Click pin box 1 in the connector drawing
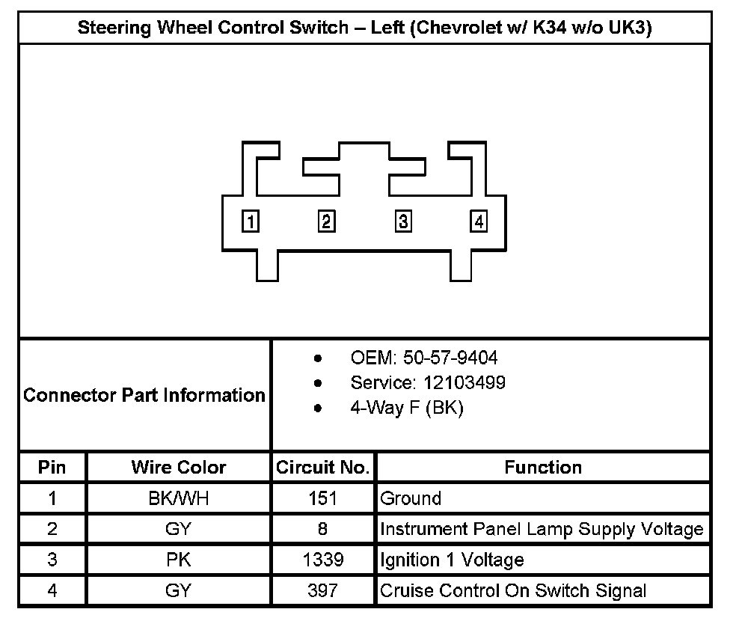251,221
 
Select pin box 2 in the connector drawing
327,221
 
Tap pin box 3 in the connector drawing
403,221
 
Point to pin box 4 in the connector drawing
479,221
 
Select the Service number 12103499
464,383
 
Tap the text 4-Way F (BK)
407,409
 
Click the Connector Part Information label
144,395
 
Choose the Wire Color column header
178,468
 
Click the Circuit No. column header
322,468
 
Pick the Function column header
543,468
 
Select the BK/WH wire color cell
178,498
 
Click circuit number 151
322,498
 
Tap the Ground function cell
411,498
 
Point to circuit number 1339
322,560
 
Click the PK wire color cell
178,560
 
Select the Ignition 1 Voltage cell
452,560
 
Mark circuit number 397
322,590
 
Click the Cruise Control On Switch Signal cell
513,590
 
